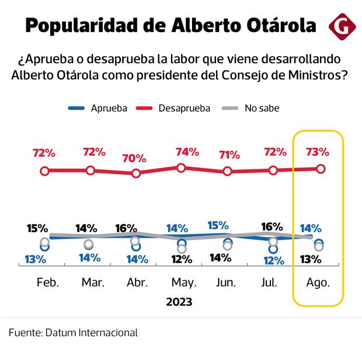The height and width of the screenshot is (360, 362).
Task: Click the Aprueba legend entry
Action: pos(99,108)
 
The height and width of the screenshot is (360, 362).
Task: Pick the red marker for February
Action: pos(44,171)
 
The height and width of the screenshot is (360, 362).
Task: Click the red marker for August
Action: pos(321,168)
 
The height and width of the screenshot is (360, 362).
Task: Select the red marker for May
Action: pos(181,168)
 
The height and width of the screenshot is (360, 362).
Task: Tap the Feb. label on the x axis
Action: pos(48,282)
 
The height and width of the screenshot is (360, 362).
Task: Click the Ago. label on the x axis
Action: pos(318,282)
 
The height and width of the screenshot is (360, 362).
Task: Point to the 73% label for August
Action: pos(318,152)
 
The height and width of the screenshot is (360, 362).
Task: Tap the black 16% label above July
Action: pos(271,226)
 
